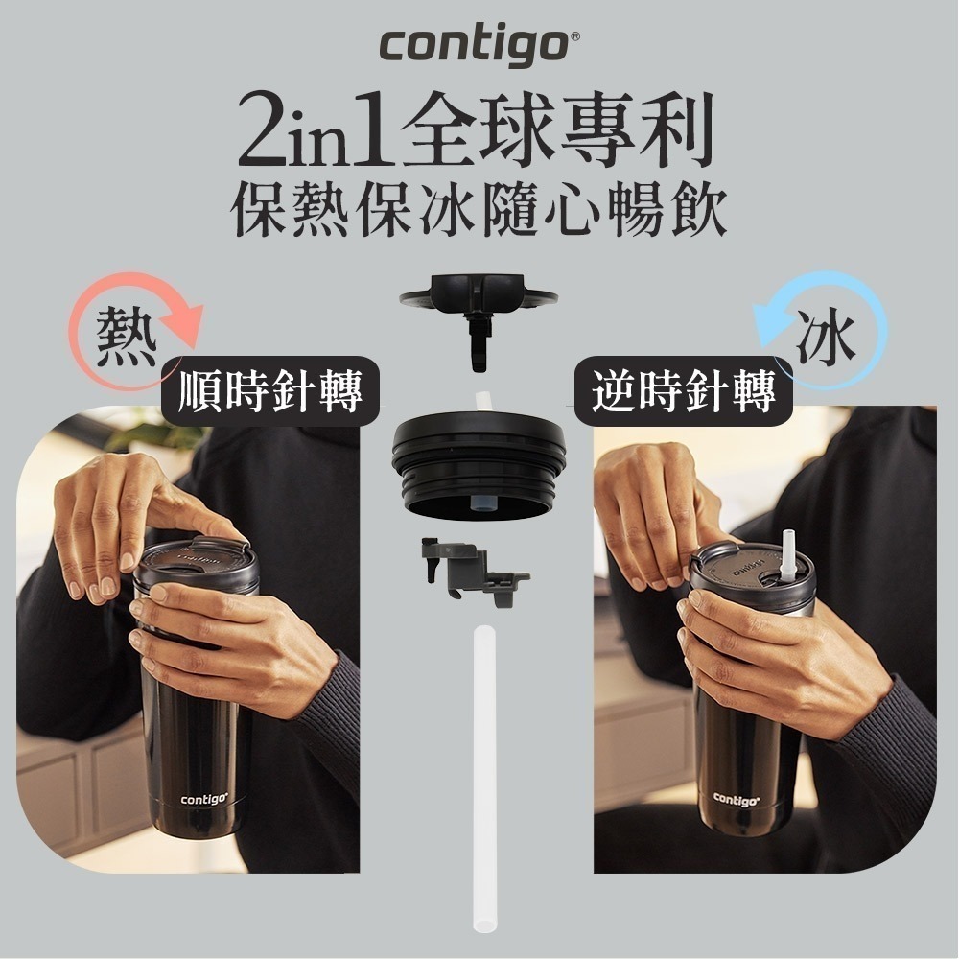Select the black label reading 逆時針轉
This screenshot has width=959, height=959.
[684, 391]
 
